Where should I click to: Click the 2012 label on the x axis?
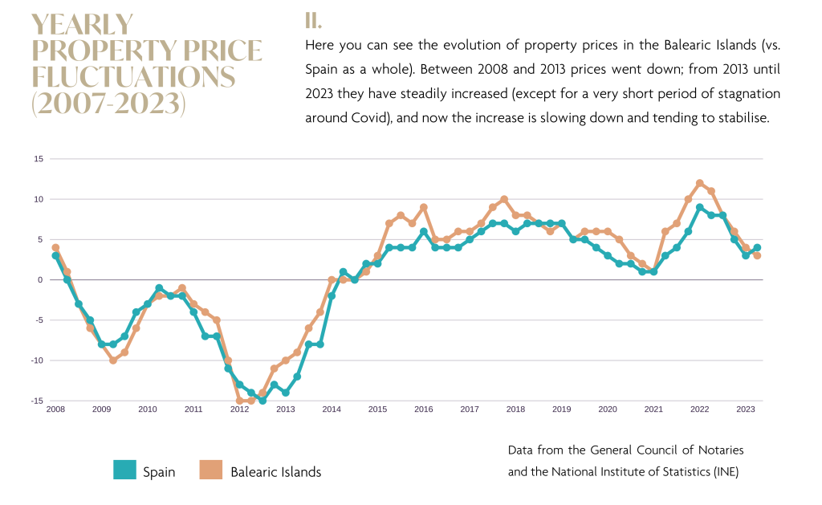pyautogui.click(x=239, y=409)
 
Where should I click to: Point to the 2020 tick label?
pyautogui.click(x=608, y=409)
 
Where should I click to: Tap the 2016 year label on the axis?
pyautogui.click(x=423, y=409)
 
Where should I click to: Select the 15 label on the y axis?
pyautogui.click(x=39, y=159)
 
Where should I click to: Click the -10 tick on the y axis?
pyautogui.click(x=37, y=360)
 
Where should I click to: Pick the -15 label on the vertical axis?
pyautogui.click(x=37, y=401)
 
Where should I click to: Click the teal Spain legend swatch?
pyautogui.click(x=124, y=470)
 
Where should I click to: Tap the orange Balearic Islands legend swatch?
pyautogui.click(x=210, y=470)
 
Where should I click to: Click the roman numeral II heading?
pyautogui.click(x=313, y=20)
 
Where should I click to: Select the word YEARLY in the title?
pyautogui.click(x=83, y=25)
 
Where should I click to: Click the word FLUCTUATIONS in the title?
pyautogui.click(x=133, y=78)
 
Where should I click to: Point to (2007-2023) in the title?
pyautogui.click(x=108, y=104)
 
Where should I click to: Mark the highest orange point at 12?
pyautogui.click(x=700, y=183)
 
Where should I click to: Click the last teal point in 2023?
pyautogui.click(x=757, y=248)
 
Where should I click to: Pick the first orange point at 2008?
pyautogui.click(x=55, y=247)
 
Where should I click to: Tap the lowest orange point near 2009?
pyautogui.click(x=113, y=360)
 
